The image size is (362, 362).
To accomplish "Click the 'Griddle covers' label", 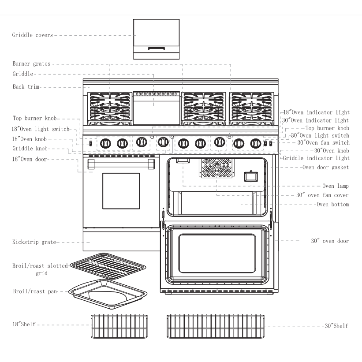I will pyautogui.click(x=33, y=35).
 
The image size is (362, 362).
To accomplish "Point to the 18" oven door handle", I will pyautogui.click(x=121, y=164).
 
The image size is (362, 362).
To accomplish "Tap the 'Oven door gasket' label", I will pyautogui.click(x=326, y=167).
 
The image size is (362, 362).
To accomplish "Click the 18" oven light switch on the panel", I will pyautogui.click(x=90, y=143).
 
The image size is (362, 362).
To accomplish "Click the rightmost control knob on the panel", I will pyautogui.click(x=255, y=143).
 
